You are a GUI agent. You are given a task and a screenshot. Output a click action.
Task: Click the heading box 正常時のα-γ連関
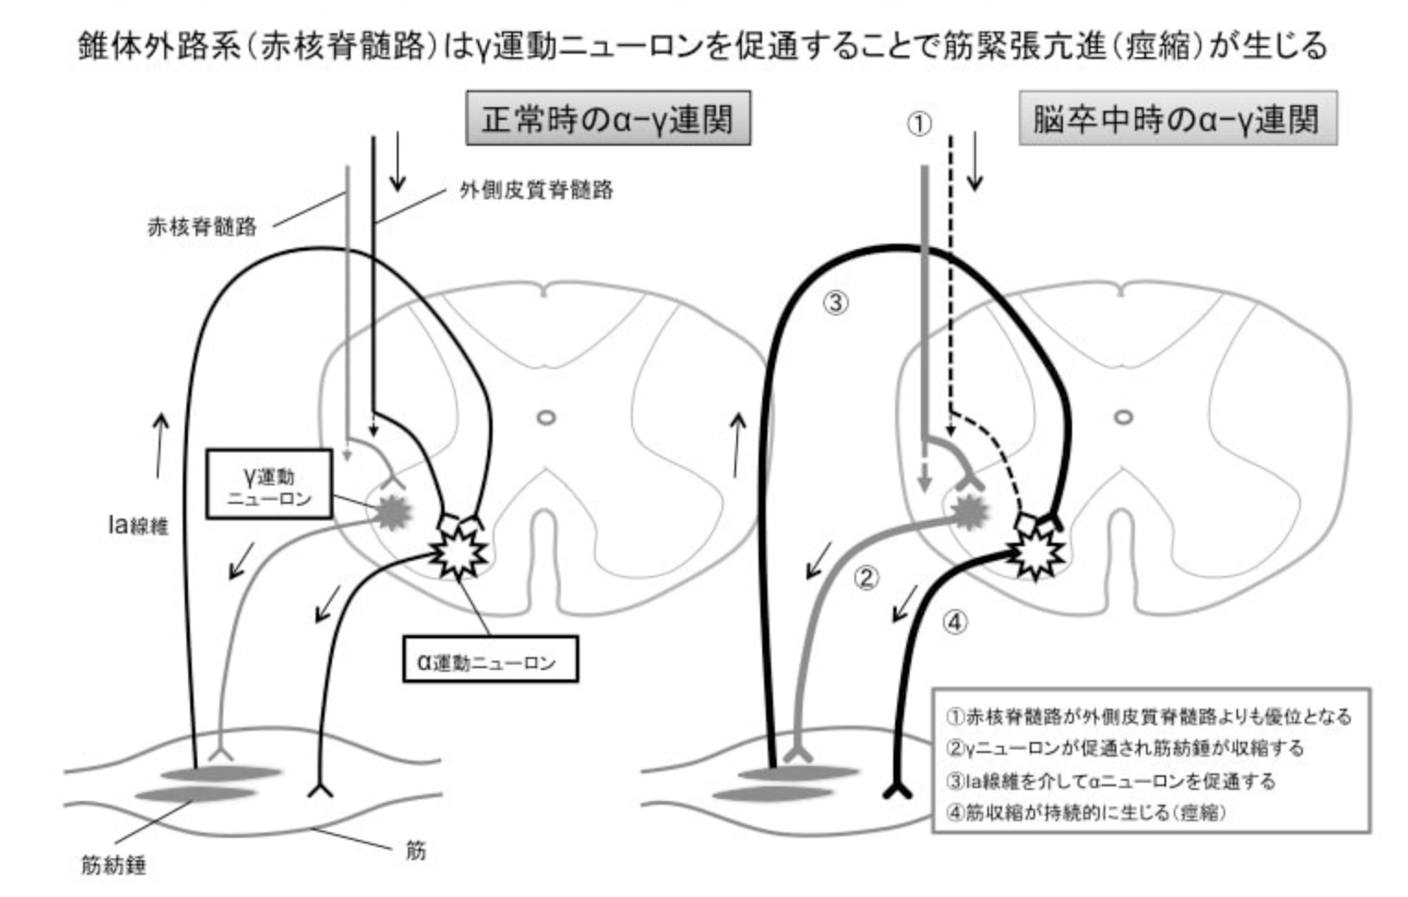[x=607, y=119]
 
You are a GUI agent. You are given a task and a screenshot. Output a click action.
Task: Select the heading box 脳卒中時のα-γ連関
[x=1176, y=119]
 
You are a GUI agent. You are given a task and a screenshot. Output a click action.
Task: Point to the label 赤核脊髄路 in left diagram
[x=202, y=227]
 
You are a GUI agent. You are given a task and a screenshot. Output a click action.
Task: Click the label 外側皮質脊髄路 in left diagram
[x=536, y=190]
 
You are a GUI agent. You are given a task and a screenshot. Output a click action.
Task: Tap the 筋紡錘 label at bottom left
[x=113, y=866]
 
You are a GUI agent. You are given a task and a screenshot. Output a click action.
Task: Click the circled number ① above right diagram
[x=918, y=124]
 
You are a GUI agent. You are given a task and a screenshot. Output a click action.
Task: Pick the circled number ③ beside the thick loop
[x=835, y=302]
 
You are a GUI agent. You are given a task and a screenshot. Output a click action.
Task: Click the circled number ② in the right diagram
[x=865, y=578]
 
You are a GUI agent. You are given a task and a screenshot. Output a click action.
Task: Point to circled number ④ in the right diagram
[x=955, y=622]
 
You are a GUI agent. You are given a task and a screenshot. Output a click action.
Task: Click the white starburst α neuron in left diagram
[x=459, y=554]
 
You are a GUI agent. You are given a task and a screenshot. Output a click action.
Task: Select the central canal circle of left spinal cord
[x=546, y=417]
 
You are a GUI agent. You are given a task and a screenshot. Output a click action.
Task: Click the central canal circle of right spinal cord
[x=1123, y=417]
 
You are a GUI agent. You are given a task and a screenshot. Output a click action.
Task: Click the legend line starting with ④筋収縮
[x=1085, y=813]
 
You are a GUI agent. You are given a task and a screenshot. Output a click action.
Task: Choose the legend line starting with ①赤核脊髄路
[x=1148, y=716]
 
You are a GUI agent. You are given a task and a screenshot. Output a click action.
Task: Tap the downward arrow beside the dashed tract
[x=974, y=161]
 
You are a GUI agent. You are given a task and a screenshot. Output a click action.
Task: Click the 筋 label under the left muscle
[x=416, y=849]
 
